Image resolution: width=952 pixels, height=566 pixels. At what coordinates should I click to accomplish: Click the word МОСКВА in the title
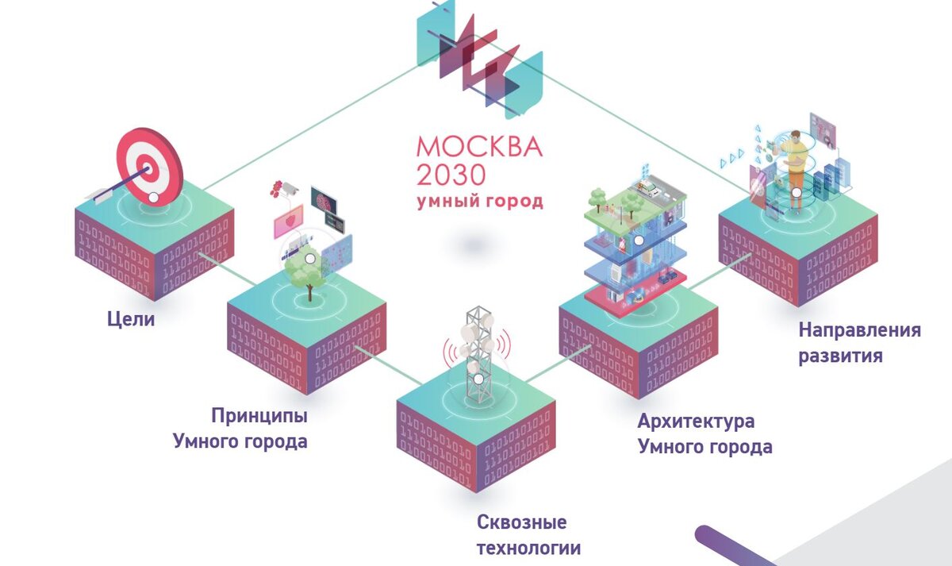click(x=479, y=147)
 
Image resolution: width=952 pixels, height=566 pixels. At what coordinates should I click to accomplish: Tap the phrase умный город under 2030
click(x=480, y=201)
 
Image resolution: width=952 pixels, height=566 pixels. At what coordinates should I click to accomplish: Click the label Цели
click(x=131, y=320)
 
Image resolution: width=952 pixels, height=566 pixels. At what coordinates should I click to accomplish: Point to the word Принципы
click(x=259, y=415)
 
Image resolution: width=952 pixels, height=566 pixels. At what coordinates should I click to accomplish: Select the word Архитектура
click(x=696, y=421)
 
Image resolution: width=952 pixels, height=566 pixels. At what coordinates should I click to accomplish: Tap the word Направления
click(x=859, y=329)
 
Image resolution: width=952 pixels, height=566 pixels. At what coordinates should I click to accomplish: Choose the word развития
click(x=840, y=355)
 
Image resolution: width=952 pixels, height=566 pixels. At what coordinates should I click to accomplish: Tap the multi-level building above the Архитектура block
click(x=635, y=242)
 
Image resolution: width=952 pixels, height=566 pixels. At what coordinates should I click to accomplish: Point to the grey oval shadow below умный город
click(x=481, y=244)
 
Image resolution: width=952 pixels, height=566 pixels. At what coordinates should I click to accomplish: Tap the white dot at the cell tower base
click(x=478, y=379)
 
